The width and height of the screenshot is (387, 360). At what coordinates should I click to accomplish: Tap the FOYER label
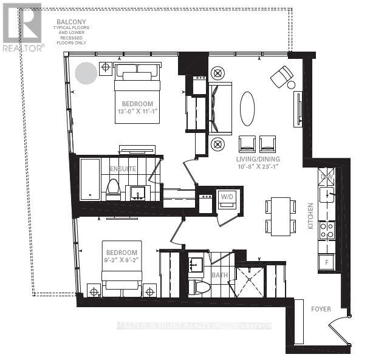tap(321, 309)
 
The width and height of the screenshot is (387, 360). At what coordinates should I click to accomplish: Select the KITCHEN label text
tap(310, 216)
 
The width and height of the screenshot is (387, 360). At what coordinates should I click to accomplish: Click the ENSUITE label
tap(123, 169)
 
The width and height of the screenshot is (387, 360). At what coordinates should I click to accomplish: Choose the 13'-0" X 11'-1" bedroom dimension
tap(137, 112)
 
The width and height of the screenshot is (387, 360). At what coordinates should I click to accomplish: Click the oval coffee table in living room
tap(247, 109)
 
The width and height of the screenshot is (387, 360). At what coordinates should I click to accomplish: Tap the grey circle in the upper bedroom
tap(86, 73)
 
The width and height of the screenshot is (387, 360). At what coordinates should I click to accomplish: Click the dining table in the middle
tap(280, 216)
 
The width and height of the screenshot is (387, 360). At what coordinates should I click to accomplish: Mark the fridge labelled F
tap(326, 262)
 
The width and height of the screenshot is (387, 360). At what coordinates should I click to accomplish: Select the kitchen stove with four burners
tap(327, 229)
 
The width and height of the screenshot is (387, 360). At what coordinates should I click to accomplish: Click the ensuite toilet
tap(114, 189)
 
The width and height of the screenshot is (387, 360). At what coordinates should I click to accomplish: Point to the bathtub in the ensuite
tap(90, 179)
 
